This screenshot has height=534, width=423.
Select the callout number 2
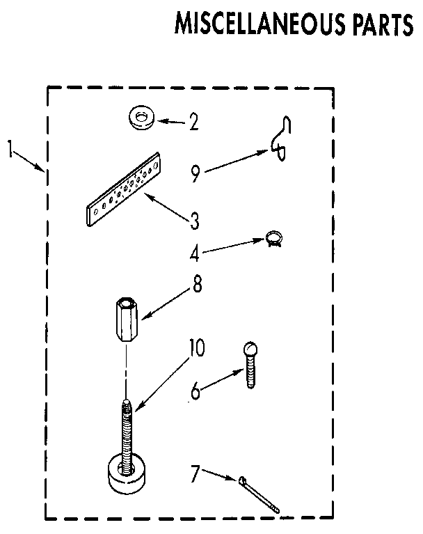click(x=193, y=123)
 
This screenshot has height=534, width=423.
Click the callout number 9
click(x=195, y=173)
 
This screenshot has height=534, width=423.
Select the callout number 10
click(x=197, y=348)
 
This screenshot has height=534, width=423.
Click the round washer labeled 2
click(x=142, y=118)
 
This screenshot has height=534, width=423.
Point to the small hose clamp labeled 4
click(x=273, y=240)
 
